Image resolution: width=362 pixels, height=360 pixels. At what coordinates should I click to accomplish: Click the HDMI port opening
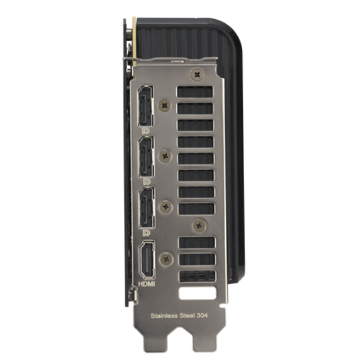[x=147, y=260]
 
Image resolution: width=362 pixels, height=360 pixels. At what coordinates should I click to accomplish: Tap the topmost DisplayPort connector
[x=145, y=106]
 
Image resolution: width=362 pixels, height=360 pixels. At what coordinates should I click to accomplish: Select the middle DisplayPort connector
[x=146, y=157]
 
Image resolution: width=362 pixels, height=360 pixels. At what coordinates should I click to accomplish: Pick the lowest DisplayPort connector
[x=147, y=207]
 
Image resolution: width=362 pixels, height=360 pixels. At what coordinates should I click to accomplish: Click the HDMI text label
[x=146, y=284]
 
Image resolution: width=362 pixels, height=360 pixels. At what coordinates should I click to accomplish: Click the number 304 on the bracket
[x=202, y=315]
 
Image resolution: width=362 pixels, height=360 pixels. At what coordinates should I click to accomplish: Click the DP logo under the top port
[x=146, y=131]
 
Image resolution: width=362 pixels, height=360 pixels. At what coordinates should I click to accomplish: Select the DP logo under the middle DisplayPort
[x=146, y=182]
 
